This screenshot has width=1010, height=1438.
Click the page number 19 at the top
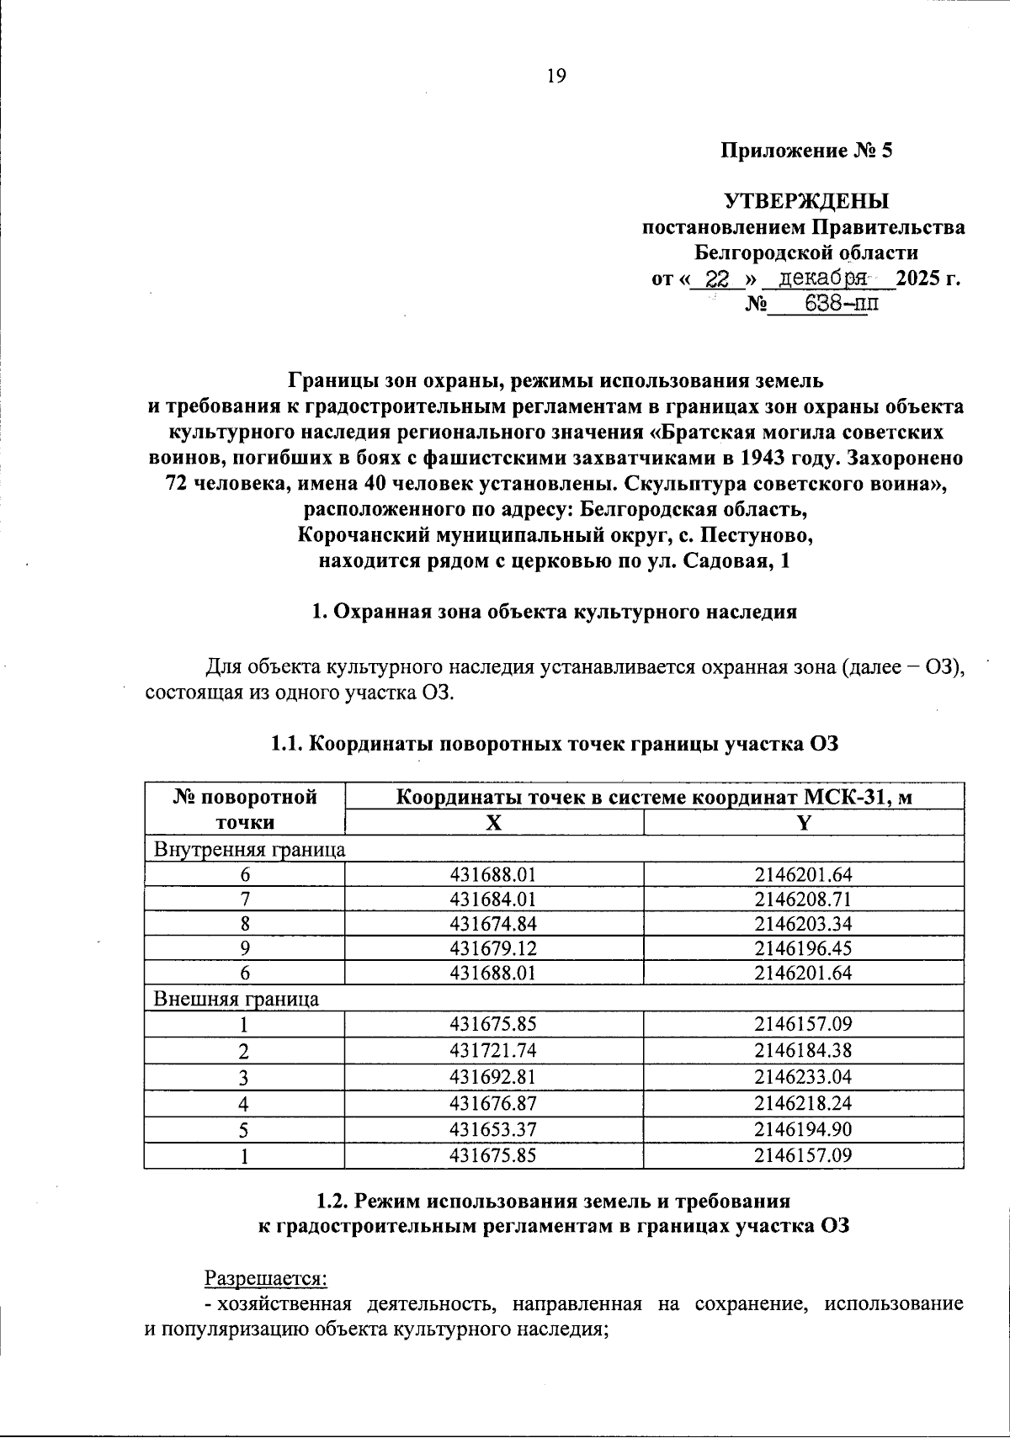(x=556, y=77)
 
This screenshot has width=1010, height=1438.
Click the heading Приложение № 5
(x=805, y=151)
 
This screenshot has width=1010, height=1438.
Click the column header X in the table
(x=494, y=824)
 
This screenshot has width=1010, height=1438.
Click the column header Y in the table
(x=803, y=824)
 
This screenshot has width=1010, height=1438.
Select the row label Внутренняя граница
(x=249, y=849)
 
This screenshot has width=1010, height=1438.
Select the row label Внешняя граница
(x=236, y=999)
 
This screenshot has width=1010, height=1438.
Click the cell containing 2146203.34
(x=803, y=924)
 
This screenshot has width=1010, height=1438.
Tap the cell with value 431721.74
(x=493, y=1050)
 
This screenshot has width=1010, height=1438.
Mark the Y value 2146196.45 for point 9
(x=803, y=948)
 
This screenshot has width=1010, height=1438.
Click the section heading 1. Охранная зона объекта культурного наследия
(x=554, y=612)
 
